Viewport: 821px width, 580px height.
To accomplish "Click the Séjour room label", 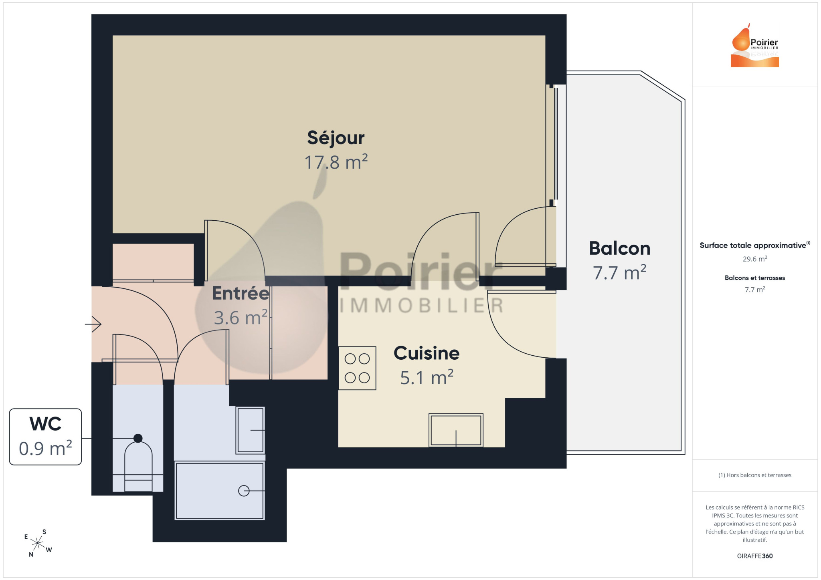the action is point(336,138).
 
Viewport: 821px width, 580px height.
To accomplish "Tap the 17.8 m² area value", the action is point(336,162).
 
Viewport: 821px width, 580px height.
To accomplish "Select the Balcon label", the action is point(620,248).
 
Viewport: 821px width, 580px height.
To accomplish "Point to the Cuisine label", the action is point(427,353).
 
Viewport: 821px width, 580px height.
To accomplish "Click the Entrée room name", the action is point(241,293).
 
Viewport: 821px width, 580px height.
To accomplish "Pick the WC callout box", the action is point(45,437).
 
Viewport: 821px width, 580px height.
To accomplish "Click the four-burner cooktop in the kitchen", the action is point(357,368).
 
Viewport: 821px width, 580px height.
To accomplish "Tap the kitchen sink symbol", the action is point(456,430).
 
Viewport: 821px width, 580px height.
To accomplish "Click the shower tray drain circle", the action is point(244,491).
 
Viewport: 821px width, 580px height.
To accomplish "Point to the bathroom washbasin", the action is point(251,430).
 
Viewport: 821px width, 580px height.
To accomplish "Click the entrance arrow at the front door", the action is point(93,324).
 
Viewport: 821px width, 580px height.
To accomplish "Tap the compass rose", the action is point(38,543).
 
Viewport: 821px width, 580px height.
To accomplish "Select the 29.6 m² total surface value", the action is point(755,259).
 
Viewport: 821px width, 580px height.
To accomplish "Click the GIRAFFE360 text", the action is point(755,556).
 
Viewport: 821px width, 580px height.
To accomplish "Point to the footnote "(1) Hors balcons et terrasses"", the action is point(755,475).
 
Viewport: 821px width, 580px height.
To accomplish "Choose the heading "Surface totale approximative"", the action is point(753,245).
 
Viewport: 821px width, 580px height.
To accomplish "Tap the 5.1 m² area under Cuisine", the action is point(427,378).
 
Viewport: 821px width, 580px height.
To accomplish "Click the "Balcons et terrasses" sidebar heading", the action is point(755,278).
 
